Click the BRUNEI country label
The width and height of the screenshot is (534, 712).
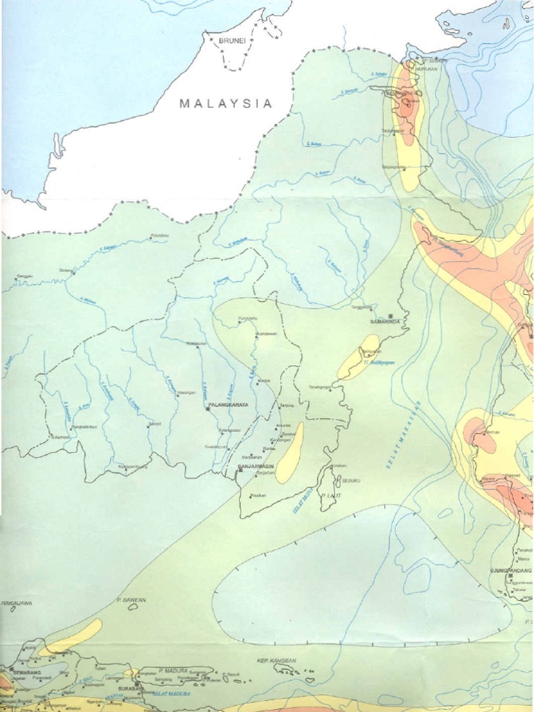[x=232, y=41]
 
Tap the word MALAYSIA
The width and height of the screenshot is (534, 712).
[x=225, y=104]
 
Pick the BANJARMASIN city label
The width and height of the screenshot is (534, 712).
[x=256, y=466]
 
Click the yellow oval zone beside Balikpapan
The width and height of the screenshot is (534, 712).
[x=359, y=357]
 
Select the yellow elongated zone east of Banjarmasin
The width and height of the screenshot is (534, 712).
[x=289, y=453]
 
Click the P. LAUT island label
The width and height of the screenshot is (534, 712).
[x=327, y=495]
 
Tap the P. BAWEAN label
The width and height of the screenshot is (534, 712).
[x=130, y=599]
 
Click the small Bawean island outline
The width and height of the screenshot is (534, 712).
[x=133, y=606]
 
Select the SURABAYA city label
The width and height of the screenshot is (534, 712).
[x=129, y=688]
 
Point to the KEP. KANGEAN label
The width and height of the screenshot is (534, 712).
[x=277, y=660]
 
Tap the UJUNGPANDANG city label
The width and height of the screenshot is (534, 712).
[x=510, y=570]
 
